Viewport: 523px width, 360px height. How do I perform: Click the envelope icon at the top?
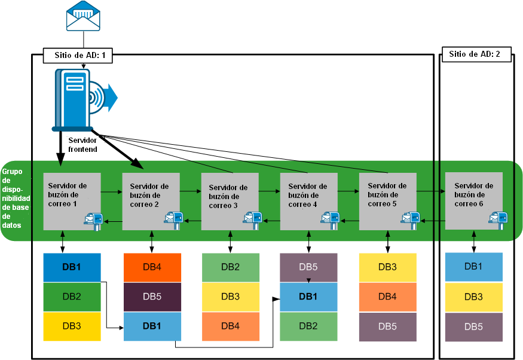83,16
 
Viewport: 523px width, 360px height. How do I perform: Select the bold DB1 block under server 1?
72,267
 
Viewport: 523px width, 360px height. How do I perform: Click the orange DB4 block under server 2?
152,267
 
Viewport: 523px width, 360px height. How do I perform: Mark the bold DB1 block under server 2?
152,326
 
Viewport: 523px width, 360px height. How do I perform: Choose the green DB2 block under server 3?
231,267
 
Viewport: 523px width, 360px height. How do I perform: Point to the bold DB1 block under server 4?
308,297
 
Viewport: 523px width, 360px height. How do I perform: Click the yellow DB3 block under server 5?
388,267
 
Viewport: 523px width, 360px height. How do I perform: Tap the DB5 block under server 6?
474,327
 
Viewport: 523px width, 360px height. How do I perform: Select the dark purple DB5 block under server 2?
152,297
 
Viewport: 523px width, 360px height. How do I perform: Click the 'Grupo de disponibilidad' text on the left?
13,198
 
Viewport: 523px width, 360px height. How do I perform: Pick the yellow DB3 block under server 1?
72,326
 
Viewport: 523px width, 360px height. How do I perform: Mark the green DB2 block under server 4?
308,326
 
